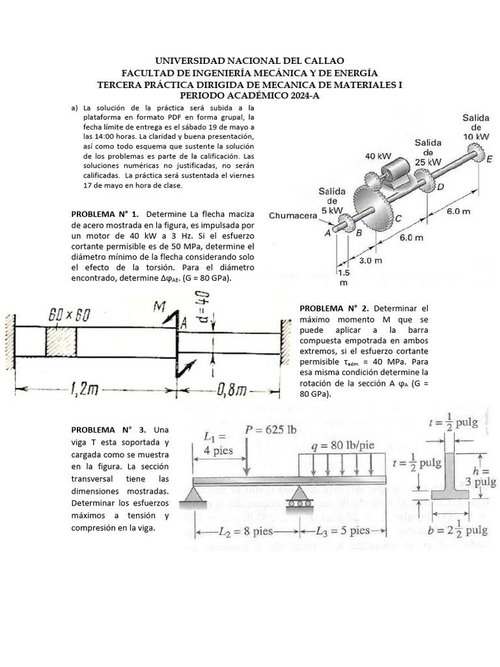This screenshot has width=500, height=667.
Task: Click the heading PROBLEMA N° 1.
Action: [105, 214]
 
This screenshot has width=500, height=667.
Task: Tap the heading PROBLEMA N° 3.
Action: [105, 431]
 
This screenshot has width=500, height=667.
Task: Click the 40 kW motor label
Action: [378, 156]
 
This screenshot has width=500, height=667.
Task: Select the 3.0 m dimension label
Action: [370, 261]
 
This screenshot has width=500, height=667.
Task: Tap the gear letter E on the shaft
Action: [490, 158]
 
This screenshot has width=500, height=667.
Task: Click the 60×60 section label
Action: [69, 315]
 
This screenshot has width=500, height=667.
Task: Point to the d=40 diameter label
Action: [202, 305]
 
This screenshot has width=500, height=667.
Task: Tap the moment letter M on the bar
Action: [160, 307]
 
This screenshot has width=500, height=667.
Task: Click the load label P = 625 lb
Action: [270, 429]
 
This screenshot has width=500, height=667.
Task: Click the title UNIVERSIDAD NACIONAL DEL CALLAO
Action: [250, 61]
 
